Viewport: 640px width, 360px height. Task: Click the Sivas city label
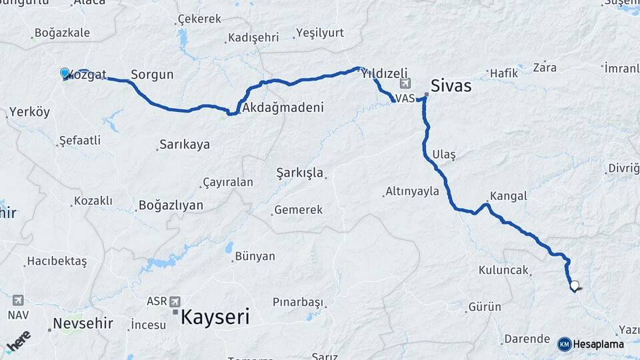[451, 86]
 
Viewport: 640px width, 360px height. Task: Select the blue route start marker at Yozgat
[65, 73]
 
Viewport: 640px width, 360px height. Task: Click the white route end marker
[574, 286]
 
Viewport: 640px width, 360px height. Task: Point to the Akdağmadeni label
[283, 107]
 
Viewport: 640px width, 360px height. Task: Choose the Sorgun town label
[152, 75]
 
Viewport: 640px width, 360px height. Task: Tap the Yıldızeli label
[384, 75]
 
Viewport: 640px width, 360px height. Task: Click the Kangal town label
[508, 196]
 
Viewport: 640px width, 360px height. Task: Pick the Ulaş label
[443, 154]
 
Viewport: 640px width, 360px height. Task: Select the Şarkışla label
[300, 173]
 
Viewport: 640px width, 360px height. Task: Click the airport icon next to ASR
[175, 301]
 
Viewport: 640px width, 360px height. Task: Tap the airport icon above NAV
[17, 301]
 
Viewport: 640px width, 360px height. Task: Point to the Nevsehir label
[83, 324]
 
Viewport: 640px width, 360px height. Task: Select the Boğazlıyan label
[171, 205]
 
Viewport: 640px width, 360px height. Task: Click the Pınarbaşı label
[297, 302]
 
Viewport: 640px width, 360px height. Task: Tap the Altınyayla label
[412, 191]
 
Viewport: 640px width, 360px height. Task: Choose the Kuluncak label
[503, 271]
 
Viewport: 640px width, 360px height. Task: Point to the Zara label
[545, 67]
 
